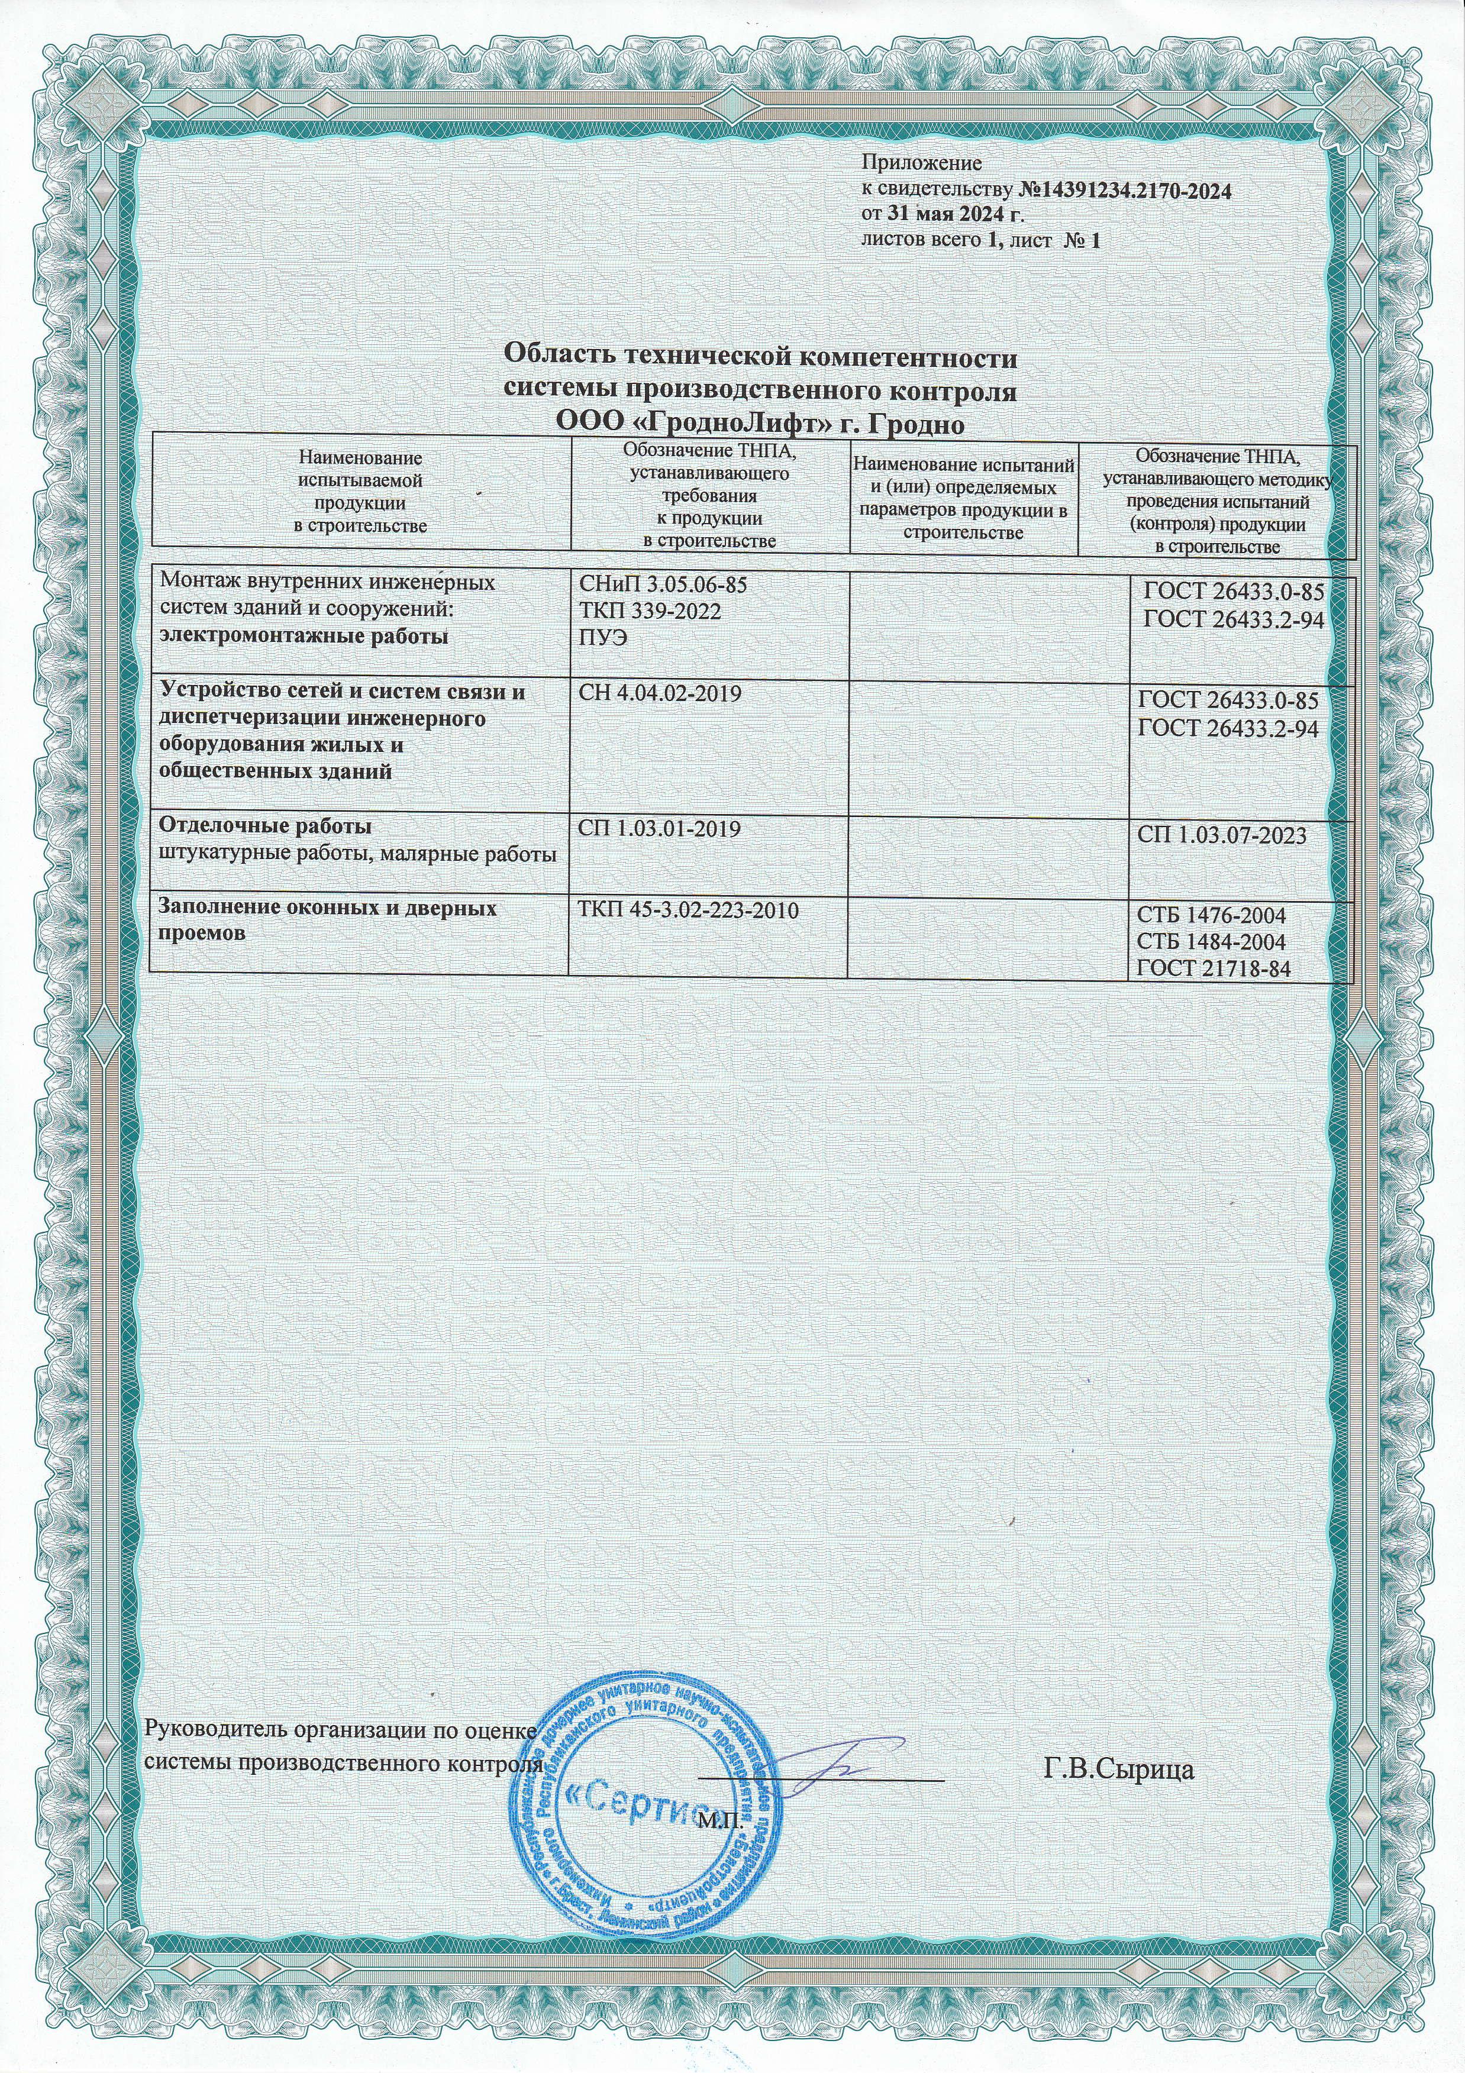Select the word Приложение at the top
(x=921, y=165)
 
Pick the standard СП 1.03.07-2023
(x=1222, y=836)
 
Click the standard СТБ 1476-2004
(x=1211, y=915)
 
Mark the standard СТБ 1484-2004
(x=1211, y=942)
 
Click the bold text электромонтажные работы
(x=304, y=637)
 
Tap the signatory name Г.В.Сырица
(x=1119, y=1769)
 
